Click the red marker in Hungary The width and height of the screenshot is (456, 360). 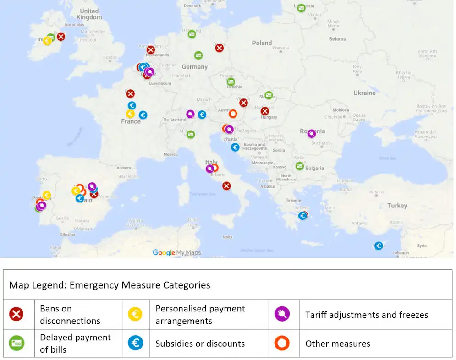coord(265,111)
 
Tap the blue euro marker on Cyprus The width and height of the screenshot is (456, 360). coord(379,245)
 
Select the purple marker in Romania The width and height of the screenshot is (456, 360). coord(312,134)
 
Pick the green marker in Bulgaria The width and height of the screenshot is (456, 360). coord(300,166)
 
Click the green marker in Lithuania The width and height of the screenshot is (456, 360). coord(301,8)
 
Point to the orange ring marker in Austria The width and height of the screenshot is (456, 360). coord(233,114)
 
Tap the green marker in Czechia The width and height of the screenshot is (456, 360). coord(231,82)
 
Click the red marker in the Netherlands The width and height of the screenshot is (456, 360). coord(151,50)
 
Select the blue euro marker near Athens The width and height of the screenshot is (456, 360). coord(302,215)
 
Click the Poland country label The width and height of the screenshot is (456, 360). coord(262,43)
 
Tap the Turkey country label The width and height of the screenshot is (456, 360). coord(397,206)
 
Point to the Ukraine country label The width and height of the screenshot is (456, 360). coord(364,93)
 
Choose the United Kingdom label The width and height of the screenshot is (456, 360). coord(89,14)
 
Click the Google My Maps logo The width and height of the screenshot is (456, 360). coord(176,252)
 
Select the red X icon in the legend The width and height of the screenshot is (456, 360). coord(16,314)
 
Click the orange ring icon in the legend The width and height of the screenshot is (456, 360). coord(282,344)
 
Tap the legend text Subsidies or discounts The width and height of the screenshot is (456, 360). coord(200,344)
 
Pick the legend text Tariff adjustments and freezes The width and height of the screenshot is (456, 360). coord(367,315)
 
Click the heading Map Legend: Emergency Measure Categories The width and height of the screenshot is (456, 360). coord(110,285)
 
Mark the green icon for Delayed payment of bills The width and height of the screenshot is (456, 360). coord(16,343)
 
